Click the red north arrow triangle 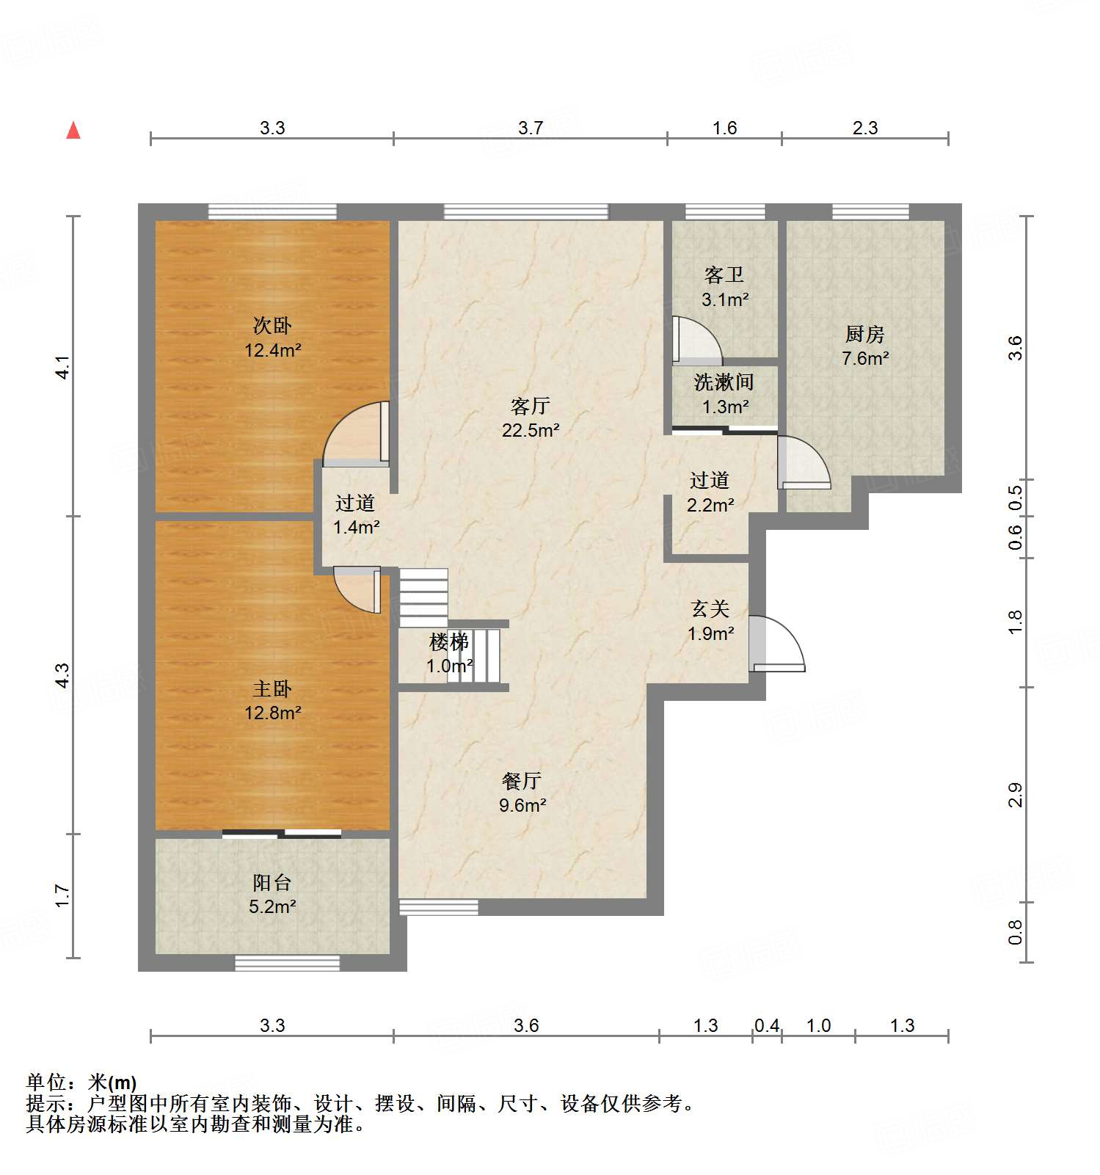[73, 131]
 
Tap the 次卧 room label [272, 325]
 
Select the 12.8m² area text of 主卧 [273, 713]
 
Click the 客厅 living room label [530, 406]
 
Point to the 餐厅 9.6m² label [522, 793]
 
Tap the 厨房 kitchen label [864, 335]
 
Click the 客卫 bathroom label [724, 275]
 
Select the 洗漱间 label [724, 382]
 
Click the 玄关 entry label [710, 609]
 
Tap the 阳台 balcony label [272, 883]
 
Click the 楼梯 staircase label [448, 642]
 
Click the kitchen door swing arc [804, 462]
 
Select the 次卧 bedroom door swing [355, 434]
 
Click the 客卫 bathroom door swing [697, 341]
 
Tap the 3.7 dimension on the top [530, 128]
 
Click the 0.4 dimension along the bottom [767, 1026]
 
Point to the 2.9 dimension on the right [1015, 795]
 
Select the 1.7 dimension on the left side [63, 895]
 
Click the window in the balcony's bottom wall [287, 963]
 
